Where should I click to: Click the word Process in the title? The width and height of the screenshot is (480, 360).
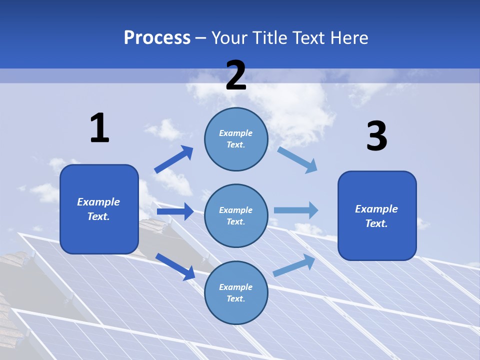tap(157, 38)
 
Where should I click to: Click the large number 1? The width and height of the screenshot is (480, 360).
tap(99, 128)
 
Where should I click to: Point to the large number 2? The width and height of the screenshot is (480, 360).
tap(236, 75)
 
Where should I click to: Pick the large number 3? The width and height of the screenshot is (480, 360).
tap(376, 136)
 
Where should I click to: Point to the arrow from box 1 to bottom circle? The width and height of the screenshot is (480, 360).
tap(175, 266)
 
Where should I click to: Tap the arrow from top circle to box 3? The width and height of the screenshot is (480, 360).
tap(297, 160)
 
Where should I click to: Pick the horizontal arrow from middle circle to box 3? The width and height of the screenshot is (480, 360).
tap(296, 210)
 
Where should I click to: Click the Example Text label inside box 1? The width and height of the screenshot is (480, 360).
tap(98, 209)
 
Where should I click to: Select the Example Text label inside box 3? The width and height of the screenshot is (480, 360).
tap(376, 216)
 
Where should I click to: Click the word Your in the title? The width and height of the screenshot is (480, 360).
tap(229, 38)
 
